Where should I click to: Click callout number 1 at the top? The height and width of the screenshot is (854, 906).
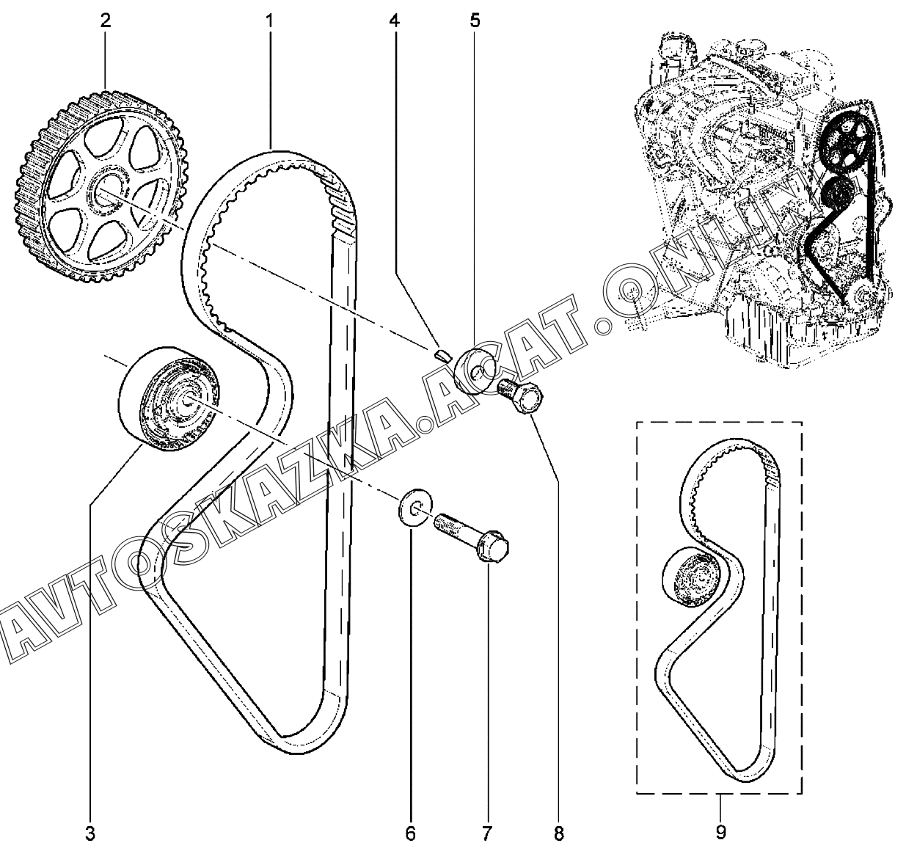(270, 21)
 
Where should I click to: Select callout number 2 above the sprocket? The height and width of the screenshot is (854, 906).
(106, 21)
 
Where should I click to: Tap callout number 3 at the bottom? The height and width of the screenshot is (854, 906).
(90, 833)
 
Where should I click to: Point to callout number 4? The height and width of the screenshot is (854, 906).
(395, 21)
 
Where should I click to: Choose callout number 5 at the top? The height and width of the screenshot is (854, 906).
(475, 21)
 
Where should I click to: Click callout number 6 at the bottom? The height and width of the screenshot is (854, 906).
(411, 833)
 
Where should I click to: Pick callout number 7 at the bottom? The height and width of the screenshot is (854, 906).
(487, 833)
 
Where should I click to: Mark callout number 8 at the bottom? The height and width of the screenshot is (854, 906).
(559, 833)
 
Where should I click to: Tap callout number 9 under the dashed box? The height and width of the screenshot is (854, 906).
(720, 832)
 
